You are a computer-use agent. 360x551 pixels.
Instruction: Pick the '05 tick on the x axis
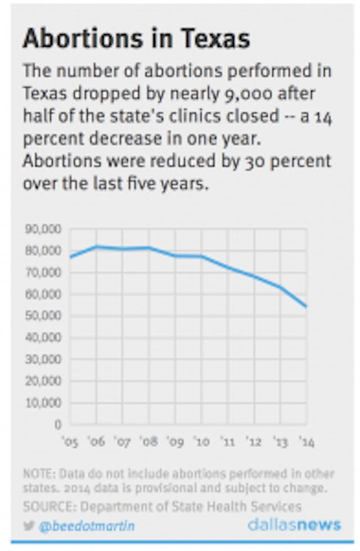(70, 442)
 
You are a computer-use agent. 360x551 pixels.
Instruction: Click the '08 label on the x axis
(149, 442)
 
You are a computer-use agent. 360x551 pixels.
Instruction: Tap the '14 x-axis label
(306, 442)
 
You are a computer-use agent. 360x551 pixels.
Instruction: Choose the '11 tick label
(227, 442)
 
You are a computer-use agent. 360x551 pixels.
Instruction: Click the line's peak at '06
(96, 246)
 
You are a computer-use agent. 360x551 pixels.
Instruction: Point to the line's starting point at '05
(70, 258)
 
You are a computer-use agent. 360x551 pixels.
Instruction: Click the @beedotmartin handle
(87, 526)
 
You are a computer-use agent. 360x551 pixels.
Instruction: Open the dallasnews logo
(294, 525)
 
